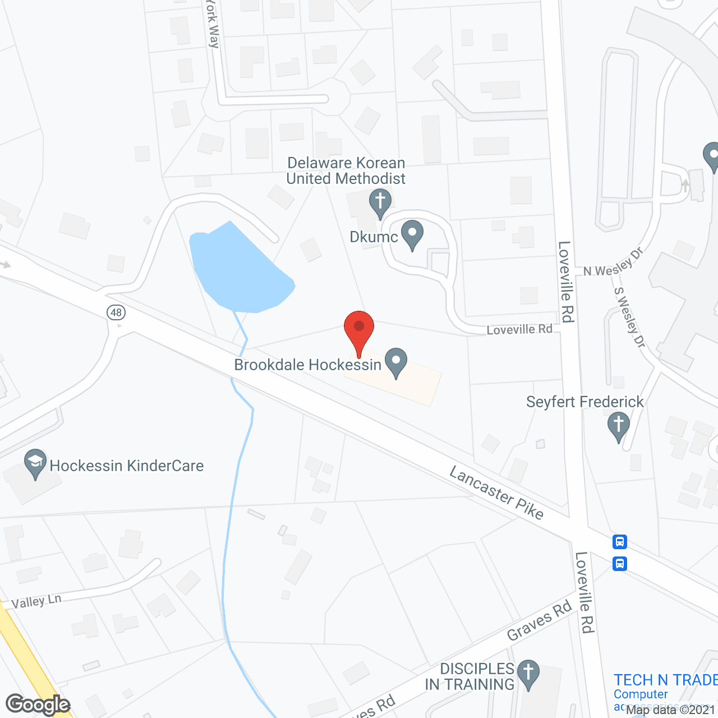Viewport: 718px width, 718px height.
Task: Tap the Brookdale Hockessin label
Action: tap(307, 365)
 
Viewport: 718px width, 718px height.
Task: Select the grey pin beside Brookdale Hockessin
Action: tap(397, 362)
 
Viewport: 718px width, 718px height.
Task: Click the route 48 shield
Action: tap(116, 312)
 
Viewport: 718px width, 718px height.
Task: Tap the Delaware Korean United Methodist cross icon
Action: tap(380, 202)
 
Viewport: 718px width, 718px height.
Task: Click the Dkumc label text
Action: tap(373, 237)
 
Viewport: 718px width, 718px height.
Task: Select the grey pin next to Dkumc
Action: tap(413, 234)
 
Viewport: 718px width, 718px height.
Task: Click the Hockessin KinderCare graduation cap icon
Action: tap(35, 463)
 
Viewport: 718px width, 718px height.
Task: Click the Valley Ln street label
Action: tap(36, 601)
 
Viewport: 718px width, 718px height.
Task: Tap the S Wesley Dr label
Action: tap(629, 317)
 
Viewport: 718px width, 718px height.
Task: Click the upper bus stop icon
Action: tap(619, 542)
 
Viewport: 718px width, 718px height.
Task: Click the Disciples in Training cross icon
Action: tap(528, 674)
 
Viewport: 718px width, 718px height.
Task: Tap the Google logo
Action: tap(38, 705)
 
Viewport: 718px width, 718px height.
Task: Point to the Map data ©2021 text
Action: tap(670, 710)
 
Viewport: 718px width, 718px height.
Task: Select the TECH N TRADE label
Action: tap(665, 680)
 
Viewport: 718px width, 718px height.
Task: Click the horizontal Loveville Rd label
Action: tap(519, 330)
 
